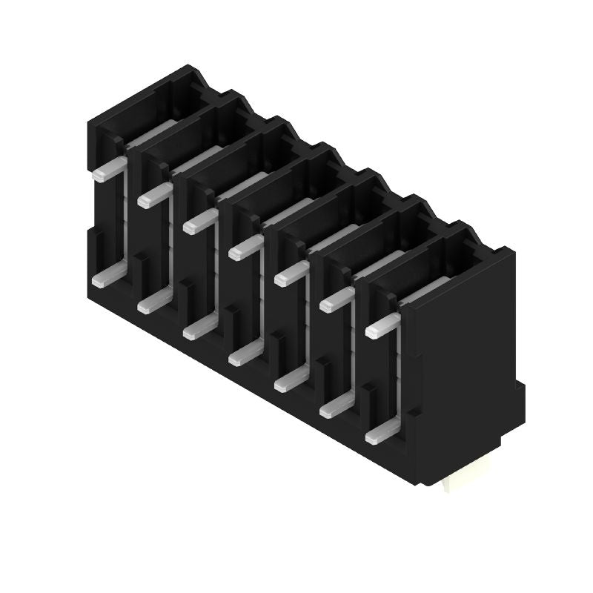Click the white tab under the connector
[457, 483]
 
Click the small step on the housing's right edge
[520, 393]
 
